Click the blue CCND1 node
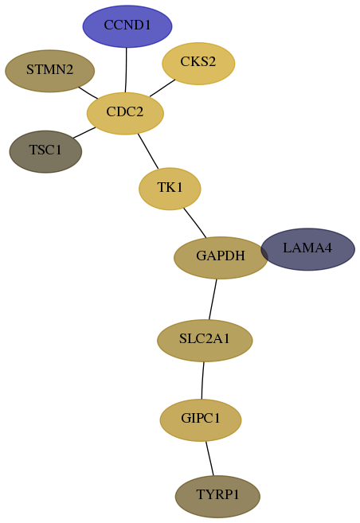pos(127,26)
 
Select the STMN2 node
pos(49,71)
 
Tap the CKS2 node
pos(198,64)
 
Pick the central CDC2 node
pos(125,113)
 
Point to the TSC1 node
pos(45,152)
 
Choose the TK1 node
pos(170,189)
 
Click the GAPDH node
pos(221,257)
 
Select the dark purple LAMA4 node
pos(308,249)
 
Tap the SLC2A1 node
pos(205,340)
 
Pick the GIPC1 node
pos(201,420)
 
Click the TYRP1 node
pos(217,497)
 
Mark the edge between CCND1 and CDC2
pos(126,70)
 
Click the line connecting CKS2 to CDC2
pos(162,88)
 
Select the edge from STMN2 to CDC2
pos(88,92)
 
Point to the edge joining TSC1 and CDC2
pos(84,132)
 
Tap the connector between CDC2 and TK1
pos(148,151)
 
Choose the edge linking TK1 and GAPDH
pos(195,223)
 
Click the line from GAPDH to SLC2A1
pos(213,299)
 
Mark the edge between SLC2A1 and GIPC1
pos(202,381)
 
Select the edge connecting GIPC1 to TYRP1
pos(209,459)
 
